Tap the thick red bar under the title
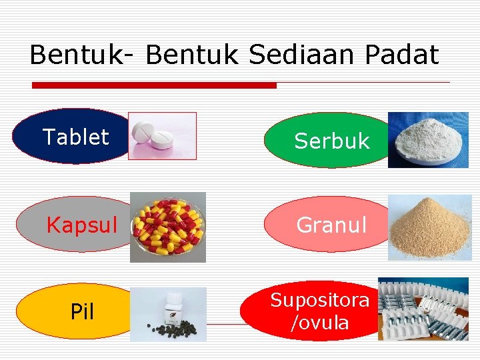155,85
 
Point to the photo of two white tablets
163,136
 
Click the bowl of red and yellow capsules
168,227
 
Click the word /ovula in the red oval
320,323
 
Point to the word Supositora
320,300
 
